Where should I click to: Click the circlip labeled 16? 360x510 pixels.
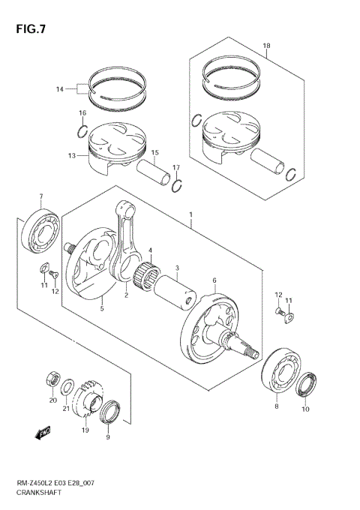pos(83,130)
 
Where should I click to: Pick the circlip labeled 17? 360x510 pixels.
pos(177,185)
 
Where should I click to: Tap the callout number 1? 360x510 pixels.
pos(190,215)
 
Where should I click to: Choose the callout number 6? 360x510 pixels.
pos(214,280)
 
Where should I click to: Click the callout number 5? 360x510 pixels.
pos(101,307)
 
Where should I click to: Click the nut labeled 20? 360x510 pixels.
pos(52,379)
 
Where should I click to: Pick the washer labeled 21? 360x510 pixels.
pos(67,388)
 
